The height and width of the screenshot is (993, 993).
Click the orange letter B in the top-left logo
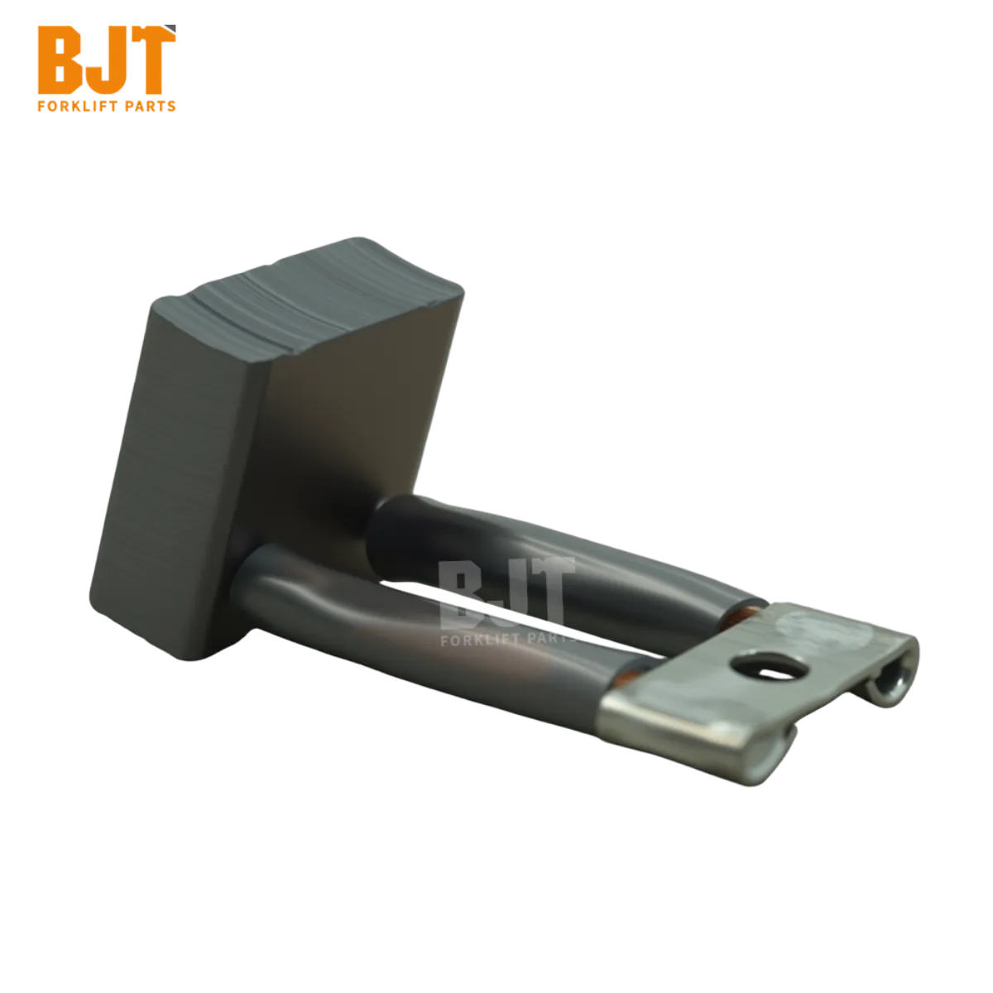60,60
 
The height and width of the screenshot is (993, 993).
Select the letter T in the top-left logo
151,60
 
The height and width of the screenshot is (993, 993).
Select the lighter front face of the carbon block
175,479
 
